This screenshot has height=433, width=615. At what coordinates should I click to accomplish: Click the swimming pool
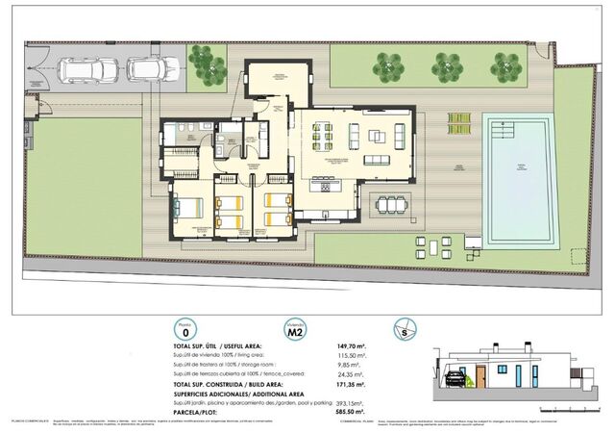point(519,180)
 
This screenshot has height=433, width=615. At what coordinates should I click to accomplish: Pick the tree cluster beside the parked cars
point(206,64)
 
